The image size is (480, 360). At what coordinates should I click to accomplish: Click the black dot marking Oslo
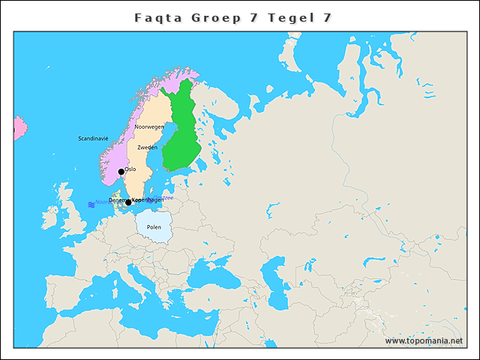coord(121,172)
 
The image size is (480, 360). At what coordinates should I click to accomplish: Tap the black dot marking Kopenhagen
coord(128,202)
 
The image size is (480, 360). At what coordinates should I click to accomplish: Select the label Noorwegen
coord(148,127)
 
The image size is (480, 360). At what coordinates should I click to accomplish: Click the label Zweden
coord(147,148)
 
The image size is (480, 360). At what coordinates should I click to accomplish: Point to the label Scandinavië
coord(93,139)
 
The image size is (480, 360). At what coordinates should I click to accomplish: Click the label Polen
coord(154,226)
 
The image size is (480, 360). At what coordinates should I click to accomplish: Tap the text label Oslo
coord(130,169)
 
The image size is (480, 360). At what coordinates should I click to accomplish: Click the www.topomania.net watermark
coord(424,340)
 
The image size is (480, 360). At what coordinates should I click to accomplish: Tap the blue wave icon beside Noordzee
coord(91,204)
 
